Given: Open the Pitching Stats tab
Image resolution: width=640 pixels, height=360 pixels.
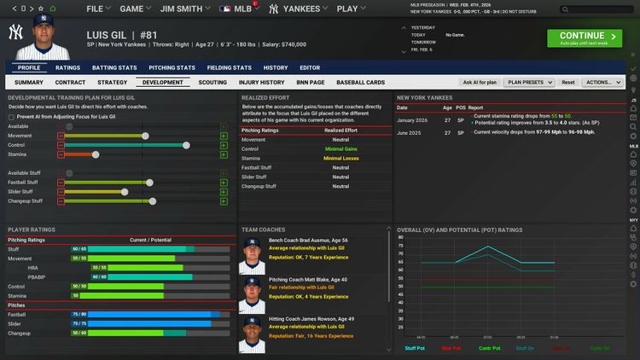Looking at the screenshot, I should click(172, 67).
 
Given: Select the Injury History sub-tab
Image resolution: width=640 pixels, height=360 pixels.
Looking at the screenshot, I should click(261, 83).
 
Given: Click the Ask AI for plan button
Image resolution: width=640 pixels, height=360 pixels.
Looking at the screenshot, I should click(479, 83).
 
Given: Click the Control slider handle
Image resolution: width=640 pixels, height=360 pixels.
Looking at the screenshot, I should click(187, 145).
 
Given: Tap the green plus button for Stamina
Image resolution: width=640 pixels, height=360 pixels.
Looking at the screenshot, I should click(224, 154).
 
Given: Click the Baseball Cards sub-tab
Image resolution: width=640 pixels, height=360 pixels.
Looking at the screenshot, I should click(360, 83).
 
